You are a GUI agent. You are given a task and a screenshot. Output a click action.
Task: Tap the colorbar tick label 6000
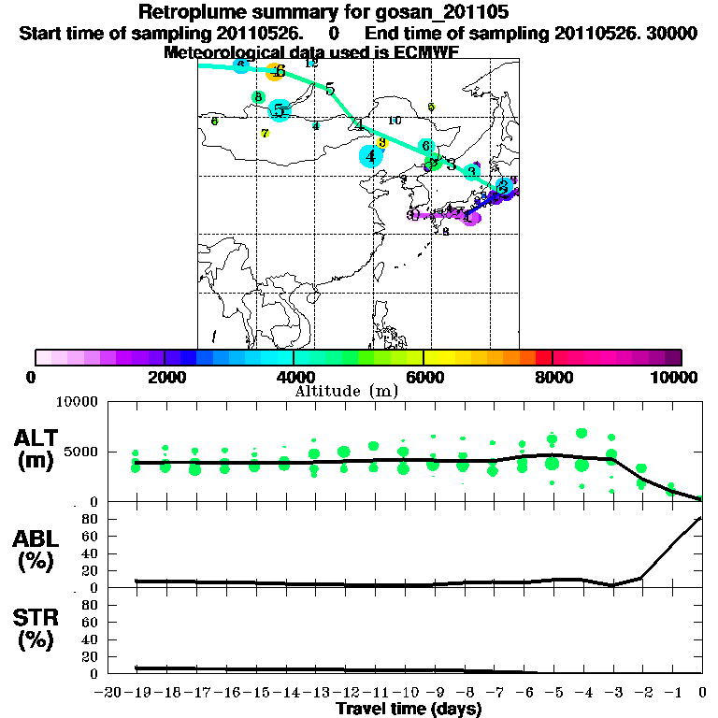[x=424, y=377]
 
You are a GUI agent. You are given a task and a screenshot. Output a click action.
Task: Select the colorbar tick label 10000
[x=677, y=377]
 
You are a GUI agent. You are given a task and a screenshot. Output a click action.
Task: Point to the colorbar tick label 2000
[x=165, y=377]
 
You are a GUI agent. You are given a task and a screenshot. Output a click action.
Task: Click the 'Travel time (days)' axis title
[x=409, y=710]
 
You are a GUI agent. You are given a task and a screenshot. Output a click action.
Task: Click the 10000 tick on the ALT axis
[x=77, y=402]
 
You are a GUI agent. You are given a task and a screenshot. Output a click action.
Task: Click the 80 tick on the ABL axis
[x=92, y=519]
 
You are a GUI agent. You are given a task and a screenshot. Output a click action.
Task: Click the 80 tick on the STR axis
[x=92, y=605]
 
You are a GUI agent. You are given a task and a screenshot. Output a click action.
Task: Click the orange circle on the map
[x=274, y=72]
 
